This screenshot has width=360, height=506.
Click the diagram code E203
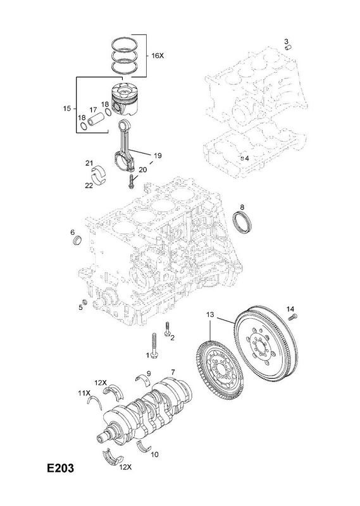coord(60,468)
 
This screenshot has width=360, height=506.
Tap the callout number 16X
coord(158,56)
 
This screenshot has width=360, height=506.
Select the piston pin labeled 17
coord(97,118)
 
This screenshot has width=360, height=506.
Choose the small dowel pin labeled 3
coord(289,47)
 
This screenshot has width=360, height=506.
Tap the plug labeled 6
coord(77,240)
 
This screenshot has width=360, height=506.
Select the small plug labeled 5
coord(85,302)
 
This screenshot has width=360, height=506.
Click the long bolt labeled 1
coord(154,345)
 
